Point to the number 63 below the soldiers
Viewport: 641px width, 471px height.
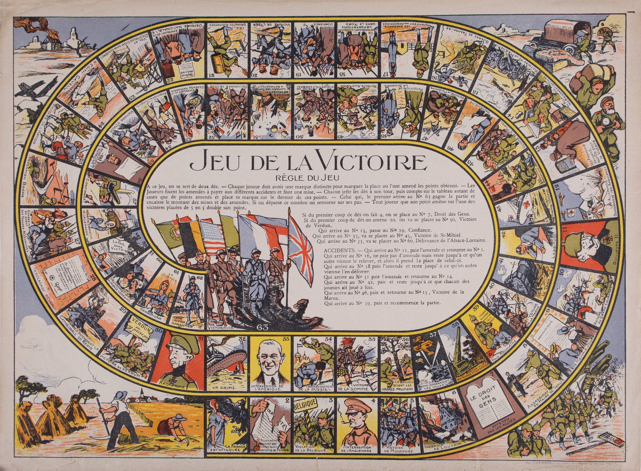[265, 327]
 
